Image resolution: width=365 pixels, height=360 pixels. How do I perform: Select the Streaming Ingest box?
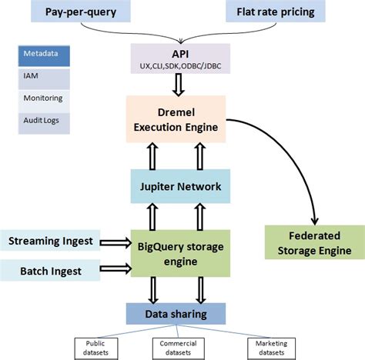[52, 241]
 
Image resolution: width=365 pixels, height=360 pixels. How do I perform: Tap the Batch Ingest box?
[52, 270]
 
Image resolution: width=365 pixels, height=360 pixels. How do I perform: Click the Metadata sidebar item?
[45, 55]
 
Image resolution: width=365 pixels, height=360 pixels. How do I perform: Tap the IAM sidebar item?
[45, 77]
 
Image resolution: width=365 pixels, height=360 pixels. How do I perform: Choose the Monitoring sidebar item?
[45, 99]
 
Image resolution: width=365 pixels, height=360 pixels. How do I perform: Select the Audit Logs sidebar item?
[45, 121]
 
